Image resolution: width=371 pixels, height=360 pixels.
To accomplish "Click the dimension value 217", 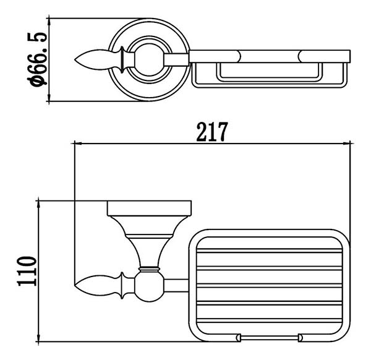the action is [x=212, y=132].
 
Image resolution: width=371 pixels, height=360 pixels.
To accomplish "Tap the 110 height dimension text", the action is [x=27, y=272].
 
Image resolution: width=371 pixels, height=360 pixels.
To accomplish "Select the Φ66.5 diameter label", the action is [x=37, y=59].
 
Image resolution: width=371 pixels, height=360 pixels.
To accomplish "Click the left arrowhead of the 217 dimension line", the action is [x=78, y=144].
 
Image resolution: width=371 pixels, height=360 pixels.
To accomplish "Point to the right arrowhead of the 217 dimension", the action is [x=347, y=144].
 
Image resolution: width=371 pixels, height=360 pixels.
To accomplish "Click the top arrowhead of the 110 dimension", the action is [x=38, y=205].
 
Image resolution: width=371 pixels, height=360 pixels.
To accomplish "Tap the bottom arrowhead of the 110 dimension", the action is [x=38, y=338].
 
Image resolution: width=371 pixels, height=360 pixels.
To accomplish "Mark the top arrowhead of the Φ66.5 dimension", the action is [x=49, y=22].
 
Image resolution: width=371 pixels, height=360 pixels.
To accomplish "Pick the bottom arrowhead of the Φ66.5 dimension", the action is [x=49, y=97].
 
